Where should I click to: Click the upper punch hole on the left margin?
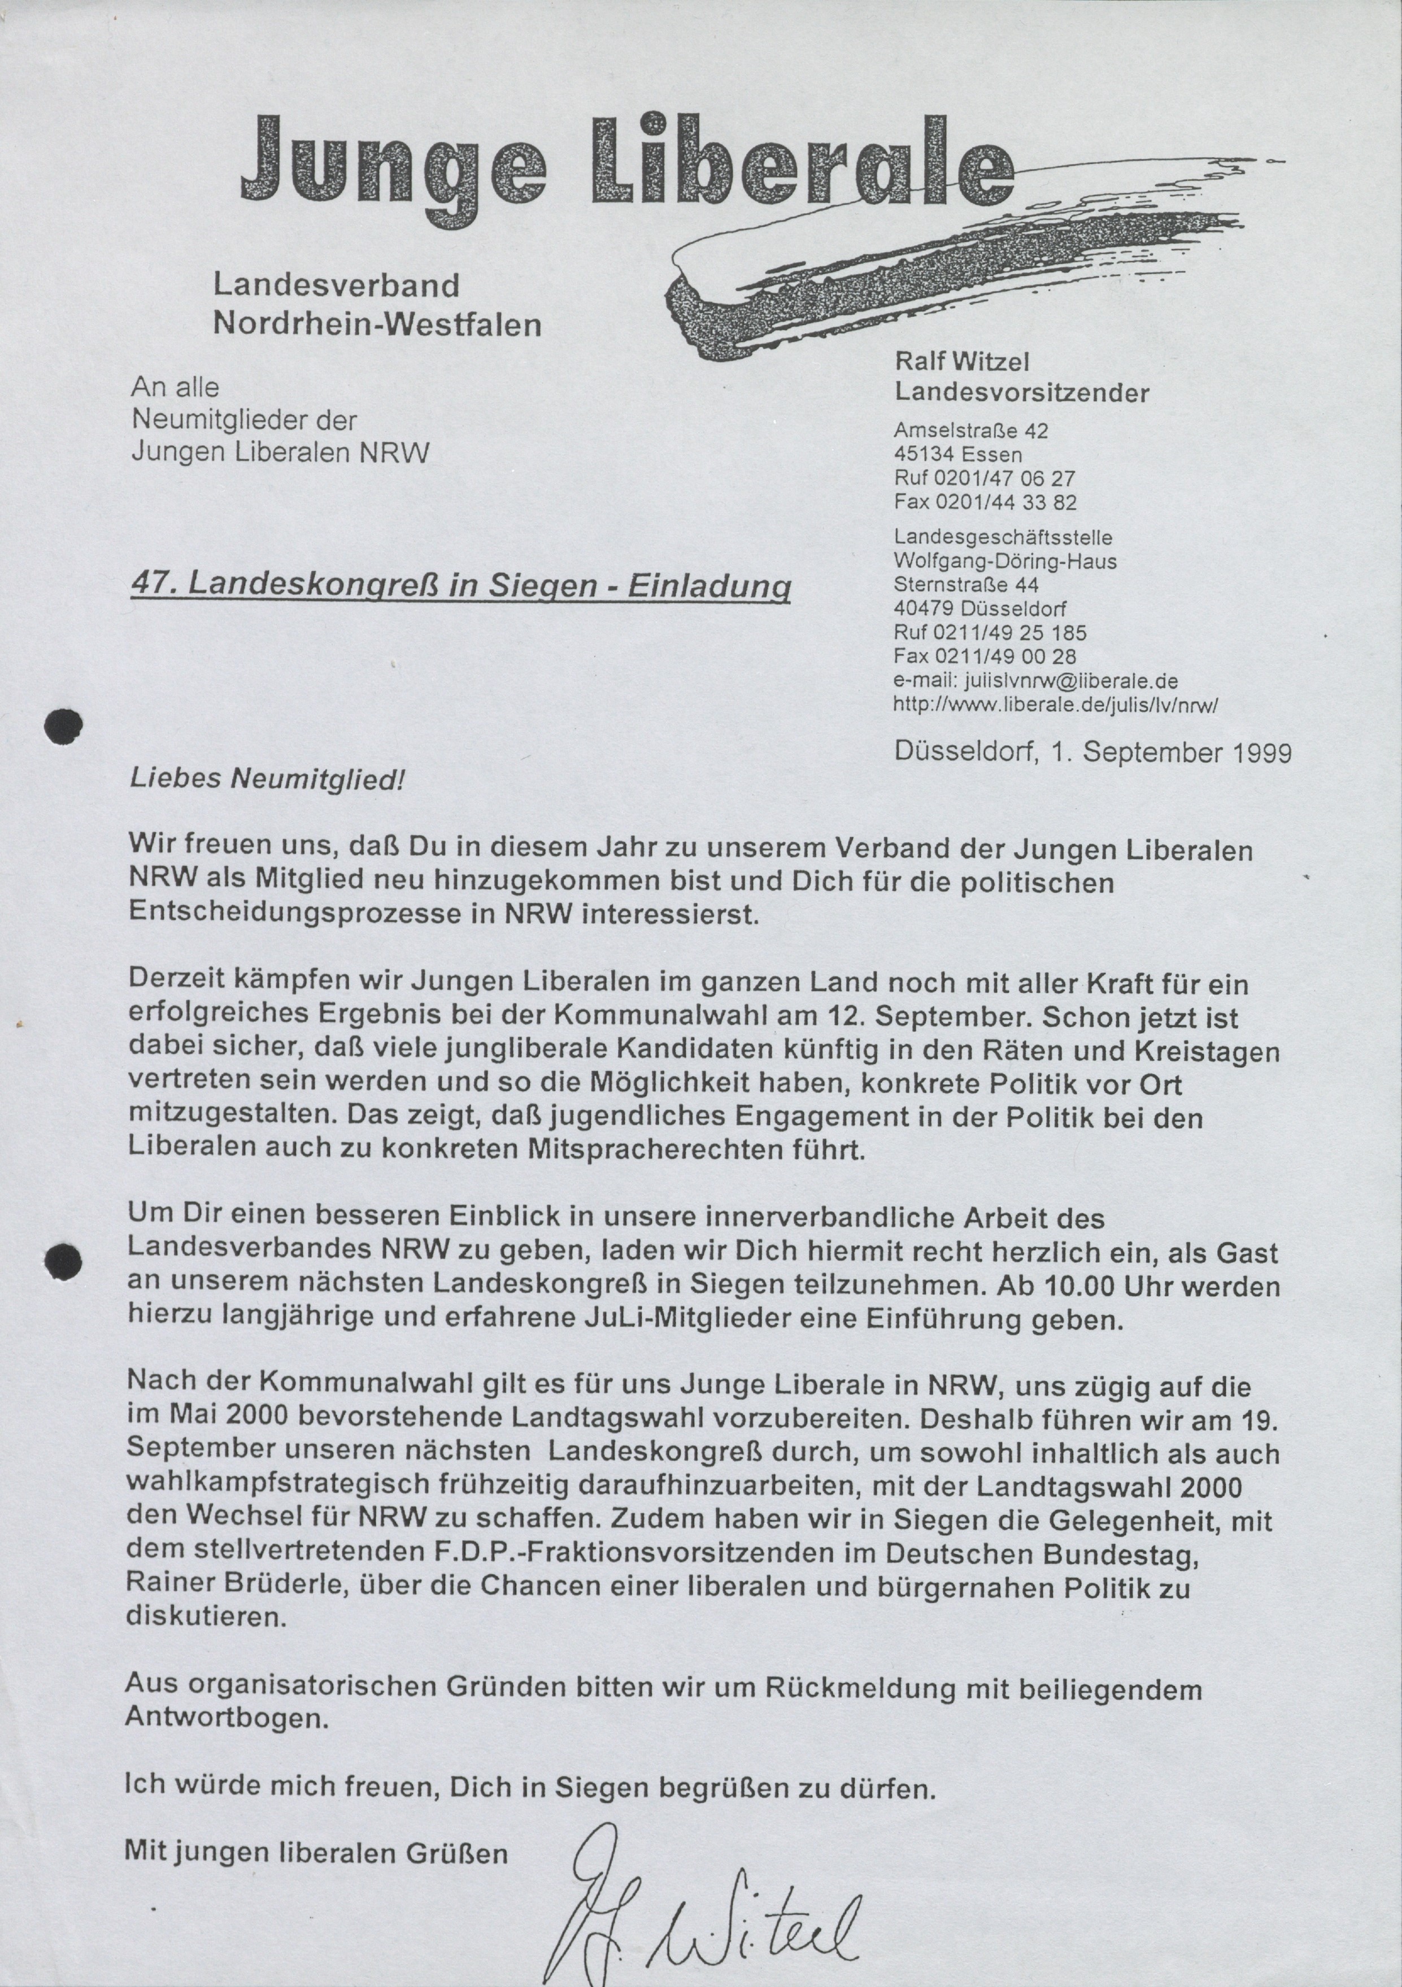(64, 726)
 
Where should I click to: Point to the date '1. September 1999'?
(1171, 752)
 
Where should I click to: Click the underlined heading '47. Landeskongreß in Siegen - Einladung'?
(460, 586)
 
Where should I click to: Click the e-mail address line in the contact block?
(1035, 680)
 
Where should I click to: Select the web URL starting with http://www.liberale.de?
(1056, 705)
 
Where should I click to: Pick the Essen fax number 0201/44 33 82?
(985, 502)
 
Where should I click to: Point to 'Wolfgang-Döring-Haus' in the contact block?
(1005, 561)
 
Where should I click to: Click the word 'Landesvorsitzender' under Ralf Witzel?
(1021, 393)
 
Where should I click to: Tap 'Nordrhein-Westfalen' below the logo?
(377, 324)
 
